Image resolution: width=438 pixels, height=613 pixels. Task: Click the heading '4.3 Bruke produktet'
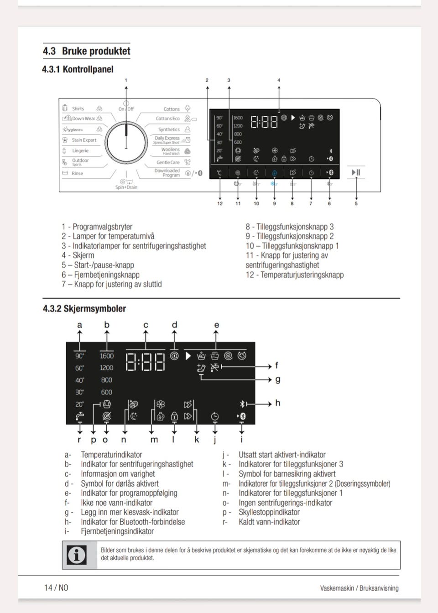87,51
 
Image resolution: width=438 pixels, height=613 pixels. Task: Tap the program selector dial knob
126,141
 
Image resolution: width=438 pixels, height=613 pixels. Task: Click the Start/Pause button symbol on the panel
356,172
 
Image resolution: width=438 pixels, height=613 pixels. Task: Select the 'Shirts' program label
78,109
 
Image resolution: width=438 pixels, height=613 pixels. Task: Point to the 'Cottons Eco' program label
167,119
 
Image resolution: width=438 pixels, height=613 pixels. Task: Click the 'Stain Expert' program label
84,140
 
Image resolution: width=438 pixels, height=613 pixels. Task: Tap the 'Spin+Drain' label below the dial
126,187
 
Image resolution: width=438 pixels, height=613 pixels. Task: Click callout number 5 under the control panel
356,203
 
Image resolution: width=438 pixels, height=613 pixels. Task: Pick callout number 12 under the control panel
220,203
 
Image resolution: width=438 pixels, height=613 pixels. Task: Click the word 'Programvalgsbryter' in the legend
103,227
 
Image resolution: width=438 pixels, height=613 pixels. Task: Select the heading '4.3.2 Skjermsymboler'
84,309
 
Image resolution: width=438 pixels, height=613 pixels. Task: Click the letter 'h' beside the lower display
277,403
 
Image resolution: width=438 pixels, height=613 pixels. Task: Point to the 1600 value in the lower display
107,356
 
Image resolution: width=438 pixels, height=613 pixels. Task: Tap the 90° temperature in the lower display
80,356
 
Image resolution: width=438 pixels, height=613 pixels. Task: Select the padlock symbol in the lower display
174,416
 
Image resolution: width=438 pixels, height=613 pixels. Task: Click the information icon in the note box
77,555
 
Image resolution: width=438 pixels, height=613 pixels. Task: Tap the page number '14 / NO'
56,587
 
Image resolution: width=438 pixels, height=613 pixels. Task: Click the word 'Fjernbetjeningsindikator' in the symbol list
117,531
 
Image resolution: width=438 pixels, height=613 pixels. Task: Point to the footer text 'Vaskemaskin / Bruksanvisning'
359,588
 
